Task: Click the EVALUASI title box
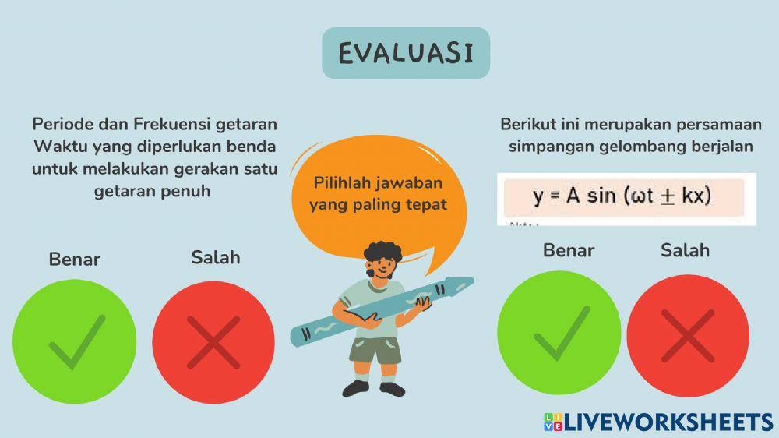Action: point(406,53)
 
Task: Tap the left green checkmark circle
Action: point(74,343)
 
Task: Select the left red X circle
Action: point(213,343)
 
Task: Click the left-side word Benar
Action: point(75,259)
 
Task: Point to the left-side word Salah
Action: point(216,257)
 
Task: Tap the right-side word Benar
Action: point(569,250)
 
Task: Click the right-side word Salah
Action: point(686,250)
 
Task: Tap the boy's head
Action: point(381,261)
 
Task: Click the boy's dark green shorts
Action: point(375,349)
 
